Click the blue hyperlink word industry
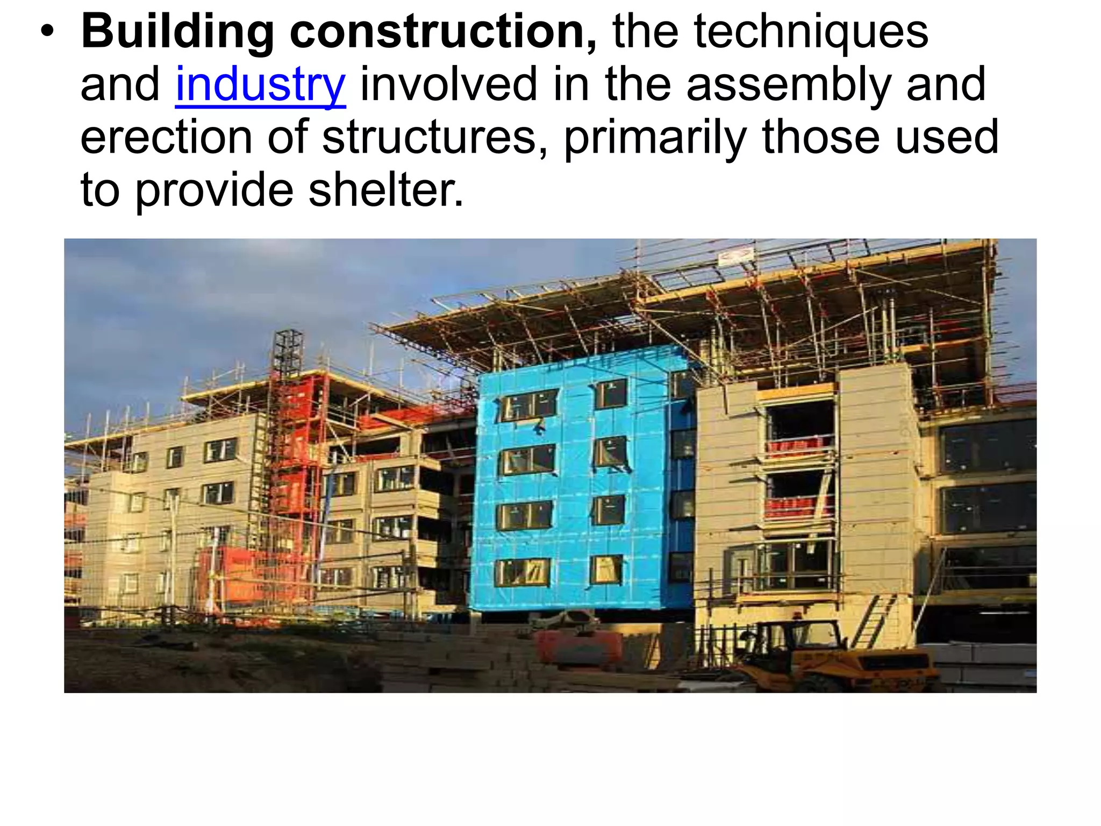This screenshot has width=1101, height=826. click(x=260, y=85)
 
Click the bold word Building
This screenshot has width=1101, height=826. click(x=178, y=32)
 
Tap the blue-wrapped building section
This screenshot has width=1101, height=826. click(x=581, y=484)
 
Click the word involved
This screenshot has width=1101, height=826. click(x=448, y=85)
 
